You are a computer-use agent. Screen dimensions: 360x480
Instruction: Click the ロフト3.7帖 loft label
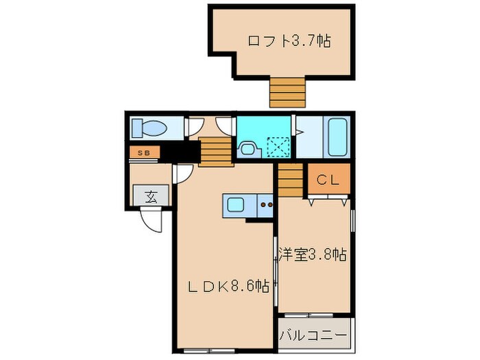[x=289, y=41]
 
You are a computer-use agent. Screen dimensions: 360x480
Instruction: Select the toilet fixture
[x=149, y=128]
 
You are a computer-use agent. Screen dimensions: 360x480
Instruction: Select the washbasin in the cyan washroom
[x=246, y=147]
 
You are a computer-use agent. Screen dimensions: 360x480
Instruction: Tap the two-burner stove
[x=266, y=204]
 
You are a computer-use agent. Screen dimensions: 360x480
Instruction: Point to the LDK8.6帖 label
[x=228, y=287]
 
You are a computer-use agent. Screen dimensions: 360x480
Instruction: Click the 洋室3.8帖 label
[x=312, y=255]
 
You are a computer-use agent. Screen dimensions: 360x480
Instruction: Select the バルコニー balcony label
[x=315, y=337]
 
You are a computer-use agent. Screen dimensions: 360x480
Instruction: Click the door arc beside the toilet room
[x=195, y=126]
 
